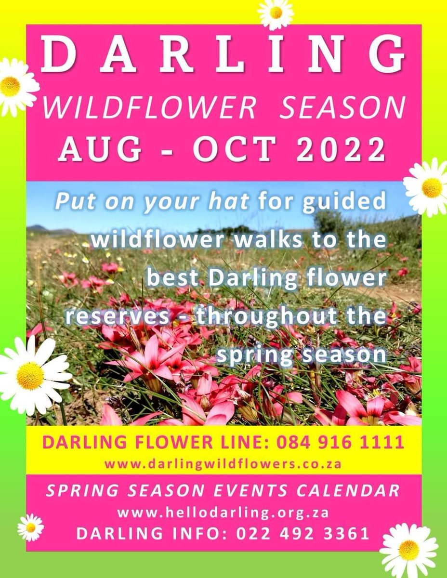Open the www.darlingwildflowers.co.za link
223,464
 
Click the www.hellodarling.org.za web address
223,513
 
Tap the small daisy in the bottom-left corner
31,527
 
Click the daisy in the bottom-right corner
409,550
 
